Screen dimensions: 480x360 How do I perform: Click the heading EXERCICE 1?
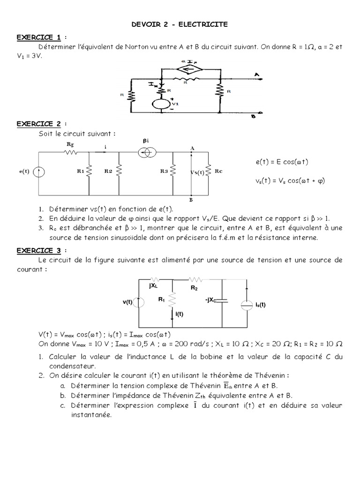(x=39, y=37)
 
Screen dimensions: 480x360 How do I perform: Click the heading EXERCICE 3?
(x=39, y=250)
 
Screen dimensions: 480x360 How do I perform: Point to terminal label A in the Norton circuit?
(x=257, y=74)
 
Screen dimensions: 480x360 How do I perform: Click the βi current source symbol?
(x=145, y=152)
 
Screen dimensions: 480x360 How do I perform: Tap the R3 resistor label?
(x=164, y=172)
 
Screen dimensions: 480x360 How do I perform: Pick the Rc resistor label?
(x=218, y=171)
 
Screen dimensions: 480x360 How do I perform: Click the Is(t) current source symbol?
(x=247, y=304)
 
